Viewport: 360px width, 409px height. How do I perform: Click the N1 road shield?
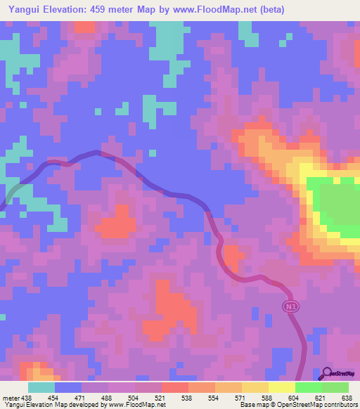tap(290, 306)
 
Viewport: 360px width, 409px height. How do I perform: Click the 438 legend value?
tap(26, 398)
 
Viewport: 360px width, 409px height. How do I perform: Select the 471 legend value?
tap(81, 398)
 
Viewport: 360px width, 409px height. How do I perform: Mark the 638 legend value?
tap(347, 398)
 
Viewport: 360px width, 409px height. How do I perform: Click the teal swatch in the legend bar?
tap(41, 387)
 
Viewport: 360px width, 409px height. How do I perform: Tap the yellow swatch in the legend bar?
tap(281, 387)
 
